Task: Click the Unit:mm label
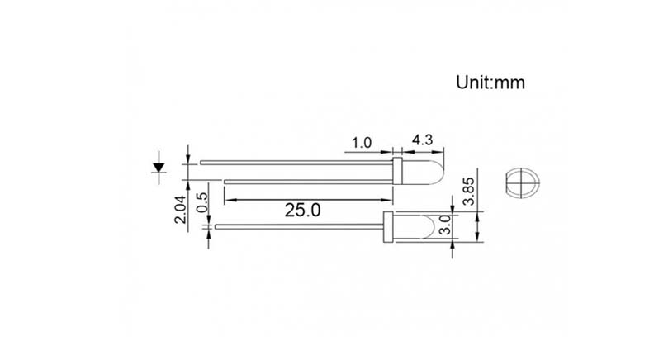[x=490, y=83]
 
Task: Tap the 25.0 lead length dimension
[x=302, y=210]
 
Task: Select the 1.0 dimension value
[x=361, y=142]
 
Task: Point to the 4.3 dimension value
[x=422, y=140]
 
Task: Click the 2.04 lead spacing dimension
[x=180, y=210]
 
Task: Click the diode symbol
[x=158, y=168]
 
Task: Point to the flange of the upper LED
[x=397, y=172]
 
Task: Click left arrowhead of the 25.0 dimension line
[x=228, y=199]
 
